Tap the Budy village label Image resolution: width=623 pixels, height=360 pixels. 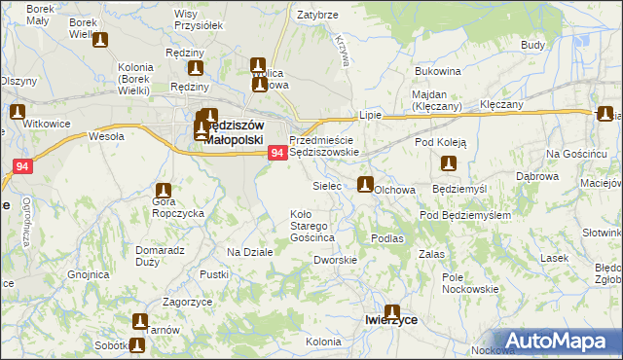point(532,45)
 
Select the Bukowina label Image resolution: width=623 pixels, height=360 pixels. point(437,72)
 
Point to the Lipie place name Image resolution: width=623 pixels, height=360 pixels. point(370,114)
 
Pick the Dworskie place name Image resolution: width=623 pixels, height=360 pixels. point(335,260)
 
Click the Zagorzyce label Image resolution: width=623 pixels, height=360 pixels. point(188,302)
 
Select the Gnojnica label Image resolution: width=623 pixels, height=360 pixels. point(89,274)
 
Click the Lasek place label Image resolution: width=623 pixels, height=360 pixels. point(555,258)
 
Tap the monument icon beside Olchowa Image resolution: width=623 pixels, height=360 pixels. point(365,185)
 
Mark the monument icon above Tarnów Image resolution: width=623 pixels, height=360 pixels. point(140,321)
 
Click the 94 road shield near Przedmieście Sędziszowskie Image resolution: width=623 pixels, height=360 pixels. point(276,153)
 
